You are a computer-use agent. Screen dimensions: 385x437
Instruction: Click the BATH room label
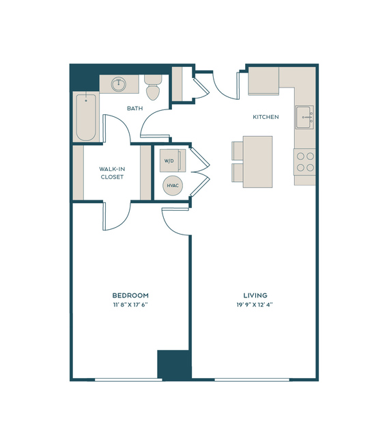[x=135, y=108]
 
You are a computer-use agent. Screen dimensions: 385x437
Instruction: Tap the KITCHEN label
[x=266, y=117]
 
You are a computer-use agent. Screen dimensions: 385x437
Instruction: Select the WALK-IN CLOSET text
[x=112, y=173]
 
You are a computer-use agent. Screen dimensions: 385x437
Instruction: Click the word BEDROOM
[x=130, y=295]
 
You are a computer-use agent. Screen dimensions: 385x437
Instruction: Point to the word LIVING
[x=255, y=295]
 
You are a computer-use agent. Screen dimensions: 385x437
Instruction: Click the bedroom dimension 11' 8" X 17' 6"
[x=130, y=304]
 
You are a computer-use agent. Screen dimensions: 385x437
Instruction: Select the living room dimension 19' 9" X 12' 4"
[x=255, y=304]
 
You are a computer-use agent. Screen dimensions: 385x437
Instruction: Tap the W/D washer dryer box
[x=173, y=161]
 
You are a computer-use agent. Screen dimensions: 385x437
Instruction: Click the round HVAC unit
[x=173, y=185]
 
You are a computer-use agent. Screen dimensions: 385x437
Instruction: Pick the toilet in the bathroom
[x=153, y=88]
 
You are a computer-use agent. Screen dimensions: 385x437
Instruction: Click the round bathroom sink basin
[x=119, y=84]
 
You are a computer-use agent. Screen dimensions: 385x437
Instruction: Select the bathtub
[x=86, y=117]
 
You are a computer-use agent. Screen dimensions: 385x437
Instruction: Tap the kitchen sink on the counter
[x=304, y=117]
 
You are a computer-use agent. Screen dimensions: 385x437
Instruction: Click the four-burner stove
[x=305, y=162]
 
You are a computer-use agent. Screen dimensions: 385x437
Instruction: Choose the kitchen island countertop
[x=257, y=162]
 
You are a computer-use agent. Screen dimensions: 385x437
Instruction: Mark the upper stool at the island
[x=238, y=150]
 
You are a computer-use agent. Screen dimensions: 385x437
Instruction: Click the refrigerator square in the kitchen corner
[x=263, y=81]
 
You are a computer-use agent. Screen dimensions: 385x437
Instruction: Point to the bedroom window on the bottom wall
[x=128, y=380]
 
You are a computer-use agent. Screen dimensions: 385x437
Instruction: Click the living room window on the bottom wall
[x=252, y=380]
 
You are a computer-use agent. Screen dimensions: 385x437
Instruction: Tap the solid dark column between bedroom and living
[x=175, y=365]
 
